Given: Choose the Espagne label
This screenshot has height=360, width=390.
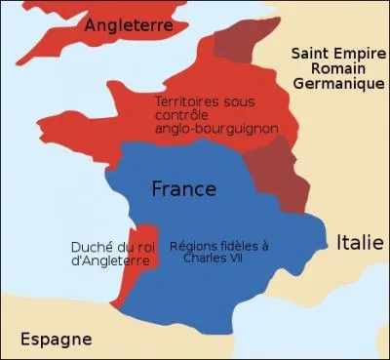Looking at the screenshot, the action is coord(56,339).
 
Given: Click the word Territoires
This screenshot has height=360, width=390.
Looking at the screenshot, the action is coord(188,100).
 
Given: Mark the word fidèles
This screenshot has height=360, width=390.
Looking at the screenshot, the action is coord(244,246).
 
